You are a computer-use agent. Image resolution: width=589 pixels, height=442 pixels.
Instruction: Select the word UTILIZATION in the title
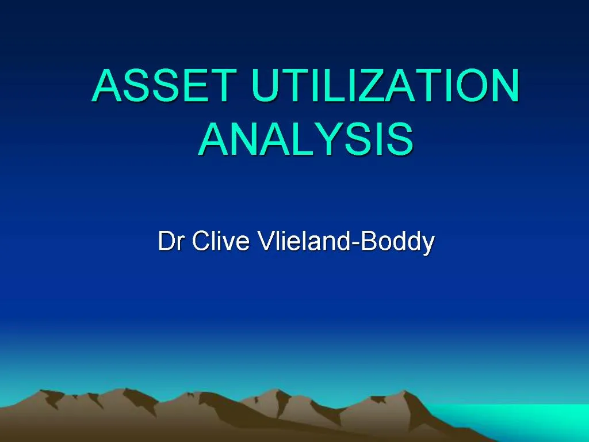tap(385, 86)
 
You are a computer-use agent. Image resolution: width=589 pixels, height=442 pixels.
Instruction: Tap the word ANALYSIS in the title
tap(305, 139)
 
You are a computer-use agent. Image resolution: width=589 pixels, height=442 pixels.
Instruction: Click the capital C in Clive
tap(199, 242)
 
